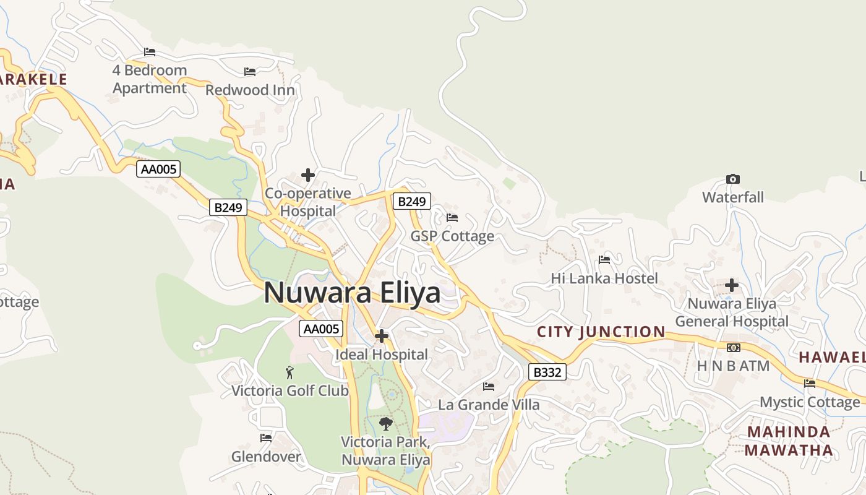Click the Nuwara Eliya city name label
tap(352, 293)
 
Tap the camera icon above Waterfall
tap(732, 179)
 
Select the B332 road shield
tap(547, 372)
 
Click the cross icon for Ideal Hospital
tap(382, 336)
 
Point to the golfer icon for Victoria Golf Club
tap(289, 372)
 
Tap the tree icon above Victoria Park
tap(386, 424)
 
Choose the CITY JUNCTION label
tap(601, 332)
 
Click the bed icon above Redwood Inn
tap(250, 72)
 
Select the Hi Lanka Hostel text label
tap(604, 278)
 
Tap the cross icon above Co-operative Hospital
tap(307, 175)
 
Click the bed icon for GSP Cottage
tap(452, 218)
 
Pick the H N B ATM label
tap(733, 366)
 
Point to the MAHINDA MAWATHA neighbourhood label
tap(789, 441)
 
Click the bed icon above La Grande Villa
tap(489, 387)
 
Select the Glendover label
tap(266, 457)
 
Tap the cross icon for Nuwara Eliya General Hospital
tap(732, 285)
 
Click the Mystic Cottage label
tap(810, 402)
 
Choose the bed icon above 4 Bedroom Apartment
tap(150, 52)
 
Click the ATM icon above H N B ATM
tap(734, 348)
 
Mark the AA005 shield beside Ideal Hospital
tap(321, 329)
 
